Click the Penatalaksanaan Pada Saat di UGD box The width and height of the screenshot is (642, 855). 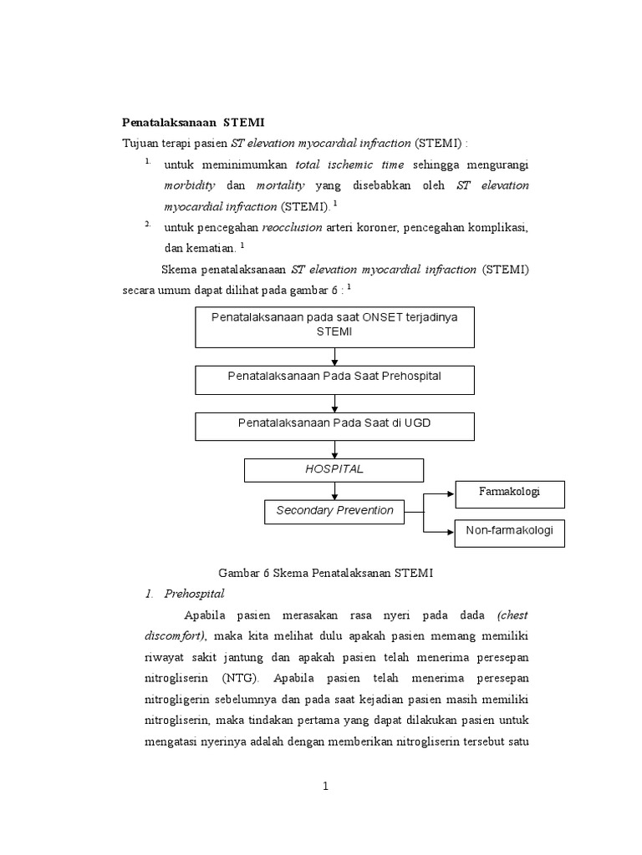[x=334, y=425]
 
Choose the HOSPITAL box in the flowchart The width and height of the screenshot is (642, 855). [x=334, y=470]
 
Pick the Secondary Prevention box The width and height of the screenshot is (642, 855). [x=334, y=511]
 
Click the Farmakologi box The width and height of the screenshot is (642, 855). [x=509, y=493]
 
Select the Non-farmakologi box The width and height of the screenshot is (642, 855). [x=509, y=532]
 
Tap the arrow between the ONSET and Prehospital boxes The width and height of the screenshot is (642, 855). [x=334, y=357]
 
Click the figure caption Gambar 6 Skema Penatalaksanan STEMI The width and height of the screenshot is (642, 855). [x=325, y=573]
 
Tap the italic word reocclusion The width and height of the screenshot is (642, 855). [x=291, y=226]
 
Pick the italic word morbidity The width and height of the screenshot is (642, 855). [x=190, y=185]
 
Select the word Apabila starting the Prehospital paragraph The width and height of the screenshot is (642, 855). [x=206, y=615]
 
